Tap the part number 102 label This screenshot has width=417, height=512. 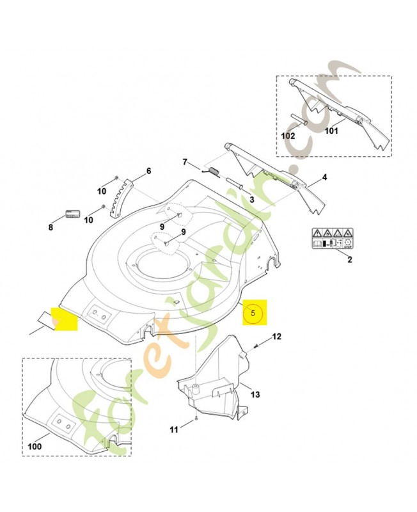tap(288, 136)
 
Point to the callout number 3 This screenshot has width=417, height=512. tap(252, 200)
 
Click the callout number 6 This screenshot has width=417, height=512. tap(148, 171)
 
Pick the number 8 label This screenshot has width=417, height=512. tap(51, 227)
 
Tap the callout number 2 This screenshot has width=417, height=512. tap(349, 259)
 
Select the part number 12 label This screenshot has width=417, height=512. tap(276, 336)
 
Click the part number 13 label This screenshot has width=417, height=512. tap(255, 395)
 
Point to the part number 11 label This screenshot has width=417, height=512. tap(173, 429)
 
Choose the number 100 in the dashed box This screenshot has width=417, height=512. tap(35, 446)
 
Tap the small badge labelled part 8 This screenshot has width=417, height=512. tap(72, 213)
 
